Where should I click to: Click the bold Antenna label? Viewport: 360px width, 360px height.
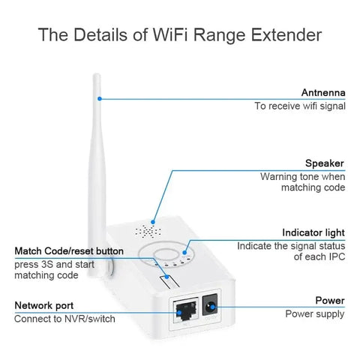323,93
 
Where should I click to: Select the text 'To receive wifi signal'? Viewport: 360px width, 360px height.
300,106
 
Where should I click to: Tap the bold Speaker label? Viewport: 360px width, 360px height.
325,163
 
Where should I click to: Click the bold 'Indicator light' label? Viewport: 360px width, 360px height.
313,232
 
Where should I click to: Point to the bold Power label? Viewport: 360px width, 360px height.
329,300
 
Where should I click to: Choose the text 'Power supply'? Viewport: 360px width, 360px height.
314,313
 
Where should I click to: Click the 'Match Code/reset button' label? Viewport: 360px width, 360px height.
69,250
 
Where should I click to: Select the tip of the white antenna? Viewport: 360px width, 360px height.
97,75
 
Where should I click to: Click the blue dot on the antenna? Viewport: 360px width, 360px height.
100,97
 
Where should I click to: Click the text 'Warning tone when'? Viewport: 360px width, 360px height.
302,176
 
